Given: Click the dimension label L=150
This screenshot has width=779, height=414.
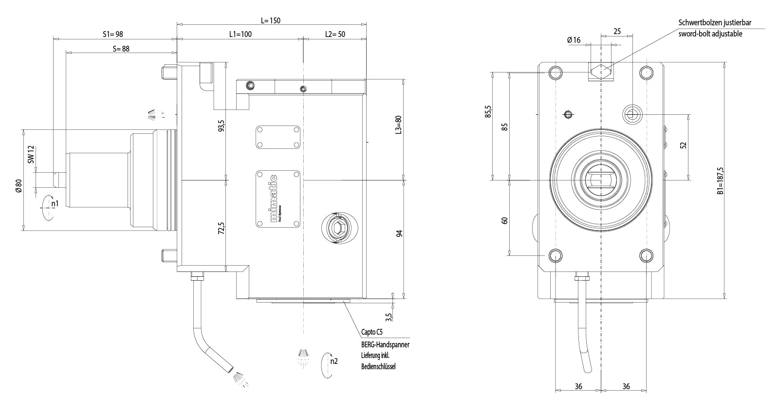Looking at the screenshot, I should coord(271,20).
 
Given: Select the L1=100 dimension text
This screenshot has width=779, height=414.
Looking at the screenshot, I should coord(241,35).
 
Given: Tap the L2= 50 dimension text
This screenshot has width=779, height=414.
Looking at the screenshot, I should coord(335,35).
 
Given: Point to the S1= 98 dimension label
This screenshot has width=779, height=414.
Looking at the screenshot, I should coord(112,35).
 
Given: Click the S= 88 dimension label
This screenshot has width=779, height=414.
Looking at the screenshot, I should coord(121,49).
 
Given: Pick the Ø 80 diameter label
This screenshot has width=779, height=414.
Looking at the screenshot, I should coord(19,186).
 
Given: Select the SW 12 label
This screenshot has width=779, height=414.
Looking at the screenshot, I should coord(31,154).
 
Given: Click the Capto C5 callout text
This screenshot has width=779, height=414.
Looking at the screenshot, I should coord(372,333).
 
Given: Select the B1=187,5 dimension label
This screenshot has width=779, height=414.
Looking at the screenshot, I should coord(720,181).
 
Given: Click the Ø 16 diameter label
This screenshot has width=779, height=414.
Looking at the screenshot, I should coord(574,40).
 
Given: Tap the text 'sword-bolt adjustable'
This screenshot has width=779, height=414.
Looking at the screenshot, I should coord(710,34).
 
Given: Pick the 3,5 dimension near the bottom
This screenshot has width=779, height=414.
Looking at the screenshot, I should coord(388,317).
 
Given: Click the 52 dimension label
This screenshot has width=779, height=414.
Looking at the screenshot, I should coord(683,146).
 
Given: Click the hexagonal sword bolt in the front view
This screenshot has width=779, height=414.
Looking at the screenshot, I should coord(601,72).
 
